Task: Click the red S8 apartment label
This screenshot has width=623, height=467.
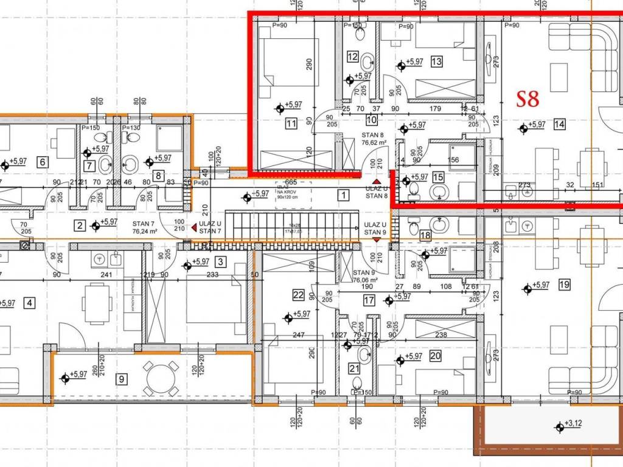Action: pos(527,99)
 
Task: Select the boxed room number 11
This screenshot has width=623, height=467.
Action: pos(291,123)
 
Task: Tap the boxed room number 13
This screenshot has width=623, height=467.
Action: pos(436,61)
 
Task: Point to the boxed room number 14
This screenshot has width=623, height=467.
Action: pos(560,125)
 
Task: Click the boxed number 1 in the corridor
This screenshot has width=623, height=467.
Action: pos(344,195)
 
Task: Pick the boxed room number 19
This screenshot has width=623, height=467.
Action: pos(563,284)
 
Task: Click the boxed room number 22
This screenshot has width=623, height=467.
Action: pos(298,295)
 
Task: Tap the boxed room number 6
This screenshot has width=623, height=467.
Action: pos(42,162)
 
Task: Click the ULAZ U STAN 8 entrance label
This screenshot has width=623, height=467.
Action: pos(377,192)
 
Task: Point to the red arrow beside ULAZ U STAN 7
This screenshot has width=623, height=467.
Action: pos(194,227)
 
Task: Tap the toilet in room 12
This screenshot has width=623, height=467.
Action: pos(367,61)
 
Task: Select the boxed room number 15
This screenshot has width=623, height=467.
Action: pos(438,178)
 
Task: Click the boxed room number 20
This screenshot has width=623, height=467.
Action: pos(435,356)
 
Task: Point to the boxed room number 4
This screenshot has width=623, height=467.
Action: pos(30,302)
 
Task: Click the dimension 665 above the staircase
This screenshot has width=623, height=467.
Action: pos(291,181)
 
